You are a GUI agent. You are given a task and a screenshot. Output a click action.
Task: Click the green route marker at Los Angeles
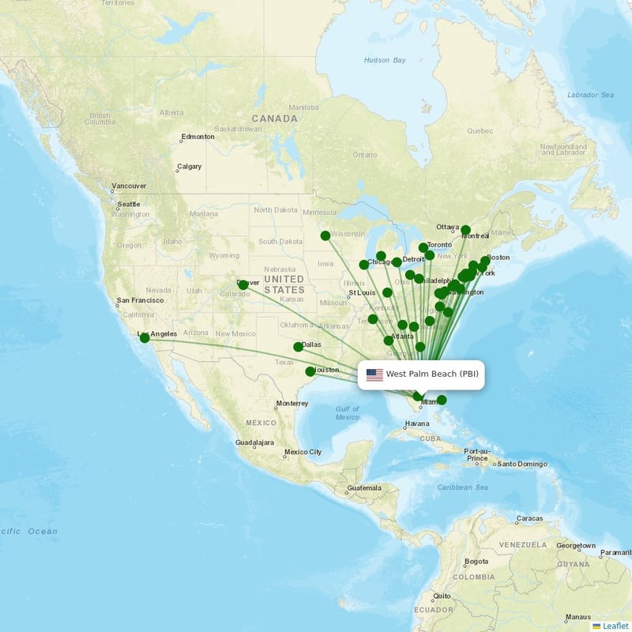click(145, 338)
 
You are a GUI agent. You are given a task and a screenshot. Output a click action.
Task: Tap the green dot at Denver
click(243, 284)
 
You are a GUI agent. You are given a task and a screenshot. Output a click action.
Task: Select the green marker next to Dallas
click(298, 347)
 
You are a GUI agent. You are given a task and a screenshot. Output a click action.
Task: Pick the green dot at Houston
click(310, 371)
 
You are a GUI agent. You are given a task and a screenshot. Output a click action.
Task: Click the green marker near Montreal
click(466, 231)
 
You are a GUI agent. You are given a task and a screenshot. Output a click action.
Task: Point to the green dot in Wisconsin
click(325, 235)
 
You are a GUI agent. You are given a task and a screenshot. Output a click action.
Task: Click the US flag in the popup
click(374, 374)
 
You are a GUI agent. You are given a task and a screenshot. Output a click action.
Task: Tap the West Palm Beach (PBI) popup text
click(431, 374)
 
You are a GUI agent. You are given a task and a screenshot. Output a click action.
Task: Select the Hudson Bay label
click(385, 60)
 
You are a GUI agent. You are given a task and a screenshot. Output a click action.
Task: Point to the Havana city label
click(417, 423)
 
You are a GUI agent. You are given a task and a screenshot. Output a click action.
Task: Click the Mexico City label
click(303, 452)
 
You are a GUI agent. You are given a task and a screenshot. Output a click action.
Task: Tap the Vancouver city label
click(129, 186)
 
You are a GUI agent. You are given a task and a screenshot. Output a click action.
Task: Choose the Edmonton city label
click(197, 137)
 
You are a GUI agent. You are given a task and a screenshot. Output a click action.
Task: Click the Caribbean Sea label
click(463, 487)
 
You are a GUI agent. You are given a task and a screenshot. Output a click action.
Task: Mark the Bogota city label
click(476, 562)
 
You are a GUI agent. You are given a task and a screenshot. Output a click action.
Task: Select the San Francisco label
click(140, 300)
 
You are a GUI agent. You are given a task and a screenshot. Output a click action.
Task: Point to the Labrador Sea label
click(590, 95)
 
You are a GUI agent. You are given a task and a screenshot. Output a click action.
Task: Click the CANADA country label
click(274, 118)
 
